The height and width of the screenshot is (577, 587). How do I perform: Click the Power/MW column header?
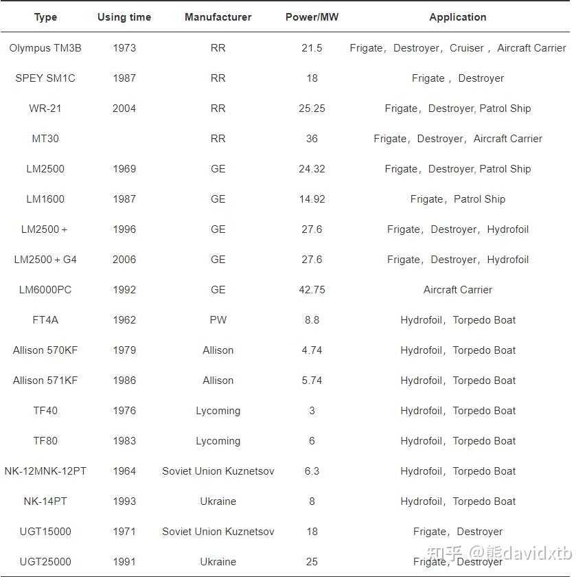point(312,17)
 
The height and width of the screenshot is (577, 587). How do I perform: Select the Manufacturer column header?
point(218,17)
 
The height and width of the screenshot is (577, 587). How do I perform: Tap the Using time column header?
point(124,17)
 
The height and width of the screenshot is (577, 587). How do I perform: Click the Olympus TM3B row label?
point(45,48)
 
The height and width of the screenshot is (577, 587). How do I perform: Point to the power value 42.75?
point(312,290)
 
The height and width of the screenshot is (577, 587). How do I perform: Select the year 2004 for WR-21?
point(124,109)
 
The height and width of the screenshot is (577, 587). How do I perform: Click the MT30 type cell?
point(45,139)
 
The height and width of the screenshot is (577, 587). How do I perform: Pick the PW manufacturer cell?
point(218,320)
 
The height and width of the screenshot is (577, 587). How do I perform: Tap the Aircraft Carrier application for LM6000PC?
point(458,290)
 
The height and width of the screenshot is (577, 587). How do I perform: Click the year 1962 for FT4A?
point(124,320)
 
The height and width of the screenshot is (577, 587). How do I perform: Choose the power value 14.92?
point(312,199)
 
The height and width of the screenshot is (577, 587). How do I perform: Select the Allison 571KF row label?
point(45,381)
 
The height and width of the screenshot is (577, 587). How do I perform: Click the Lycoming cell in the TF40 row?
point(218,411)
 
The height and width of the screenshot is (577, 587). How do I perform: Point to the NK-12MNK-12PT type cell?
point(45,471)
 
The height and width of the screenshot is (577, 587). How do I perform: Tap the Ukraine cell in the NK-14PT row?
point(218,501)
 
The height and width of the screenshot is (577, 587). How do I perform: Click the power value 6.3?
point(312,471)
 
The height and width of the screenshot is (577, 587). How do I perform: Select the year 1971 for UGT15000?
point(124,532)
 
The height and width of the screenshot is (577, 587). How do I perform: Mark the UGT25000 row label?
point(45,562)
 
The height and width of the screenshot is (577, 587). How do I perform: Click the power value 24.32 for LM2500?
point(312,169)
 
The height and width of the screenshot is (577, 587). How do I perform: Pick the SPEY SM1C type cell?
point(45,78)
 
